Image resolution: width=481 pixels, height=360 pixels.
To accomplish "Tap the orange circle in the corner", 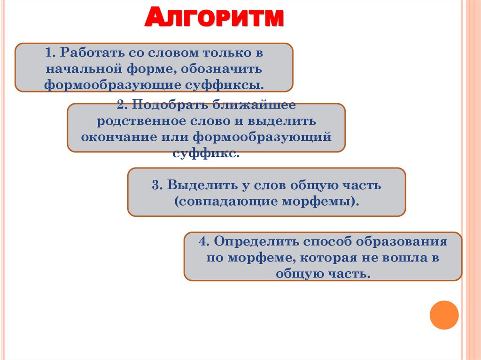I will [444, 314].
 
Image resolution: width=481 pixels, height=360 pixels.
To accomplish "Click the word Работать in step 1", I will [88, 53].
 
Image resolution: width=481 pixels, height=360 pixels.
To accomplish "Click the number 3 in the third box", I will [155, 185].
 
